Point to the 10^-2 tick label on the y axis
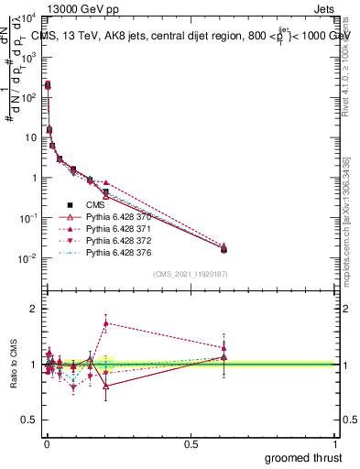pyautogui.click(x=27, y=258)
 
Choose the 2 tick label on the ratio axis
pyautogui.click(x=34, y=309)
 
